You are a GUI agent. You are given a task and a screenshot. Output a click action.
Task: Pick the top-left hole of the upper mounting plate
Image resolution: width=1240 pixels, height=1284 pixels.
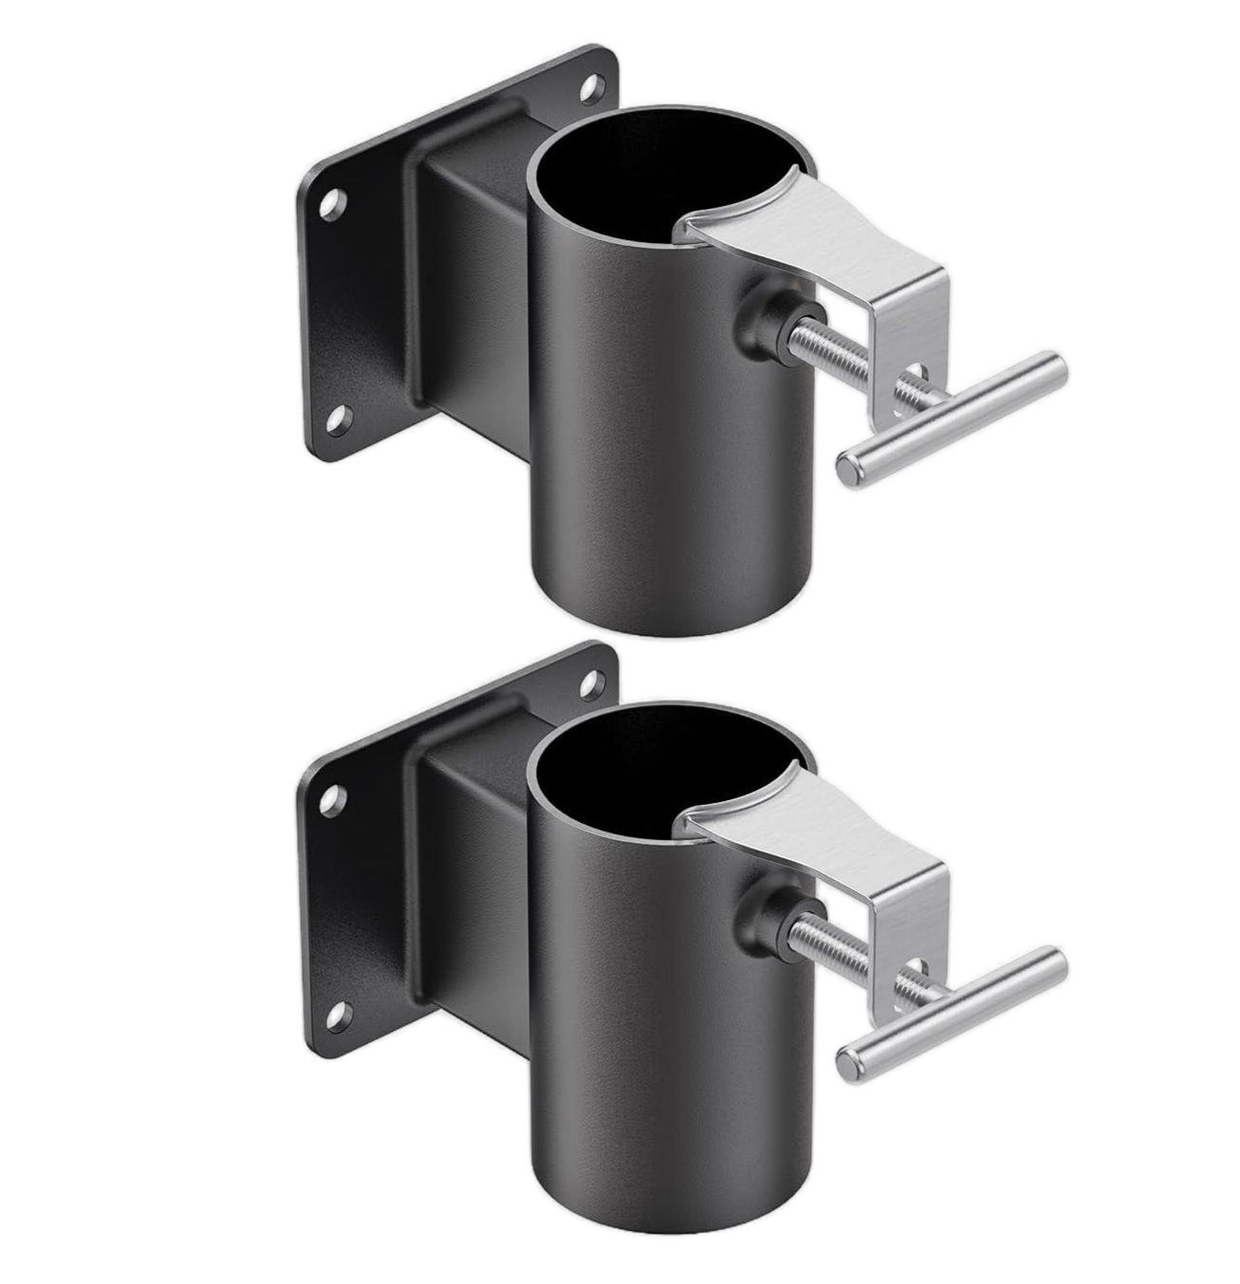[x=330, y=202]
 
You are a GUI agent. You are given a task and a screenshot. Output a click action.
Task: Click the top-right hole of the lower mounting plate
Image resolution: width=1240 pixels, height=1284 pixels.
[x=594, y=681]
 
